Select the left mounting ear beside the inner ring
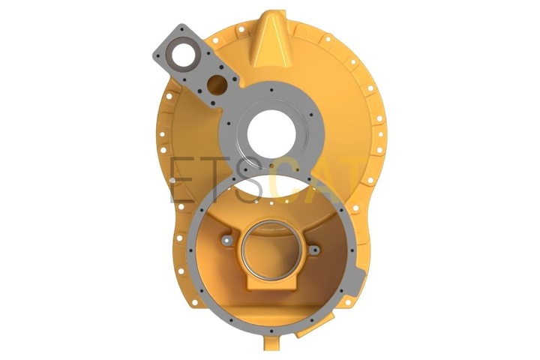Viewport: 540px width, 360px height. coord(227,240)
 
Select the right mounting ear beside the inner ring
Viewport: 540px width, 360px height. coord(314,250)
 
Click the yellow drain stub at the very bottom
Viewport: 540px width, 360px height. coord(272,349)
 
